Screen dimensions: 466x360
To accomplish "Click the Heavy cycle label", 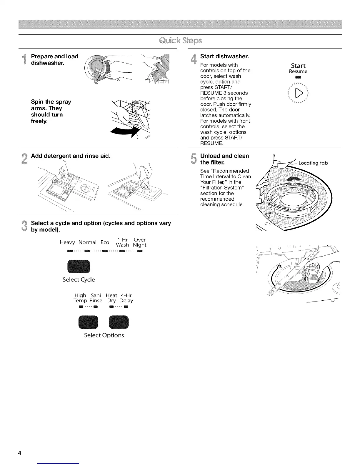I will click(67, 242).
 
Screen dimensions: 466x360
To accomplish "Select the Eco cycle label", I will click(105, 242).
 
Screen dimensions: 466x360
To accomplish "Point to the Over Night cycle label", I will click(139, 242).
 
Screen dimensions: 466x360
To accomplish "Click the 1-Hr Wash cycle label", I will click(122, 242).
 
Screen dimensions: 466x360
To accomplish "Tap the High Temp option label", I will click(80, 298).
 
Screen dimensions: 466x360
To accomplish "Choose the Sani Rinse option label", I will click(96, 298).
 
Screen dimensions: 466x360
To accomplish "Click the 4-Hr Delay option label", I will click(126, 298).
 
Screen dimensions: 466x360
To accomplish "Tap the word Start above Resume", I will click(298, 66).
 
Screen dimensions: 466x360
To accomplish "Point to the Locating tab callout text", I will click(313, 163).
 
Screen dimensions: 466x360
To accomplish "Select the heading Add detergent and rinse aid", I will click(71, 156).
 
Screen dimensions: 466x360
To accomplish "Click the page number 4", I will click(20, 453).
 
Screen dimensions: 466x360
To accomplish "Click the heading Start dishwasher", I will click(224, 56).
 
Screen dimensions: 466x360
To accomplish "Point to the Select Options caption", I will click(104, 335).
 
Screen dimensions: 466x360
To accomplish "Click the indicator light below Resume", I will click(298, 77).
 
